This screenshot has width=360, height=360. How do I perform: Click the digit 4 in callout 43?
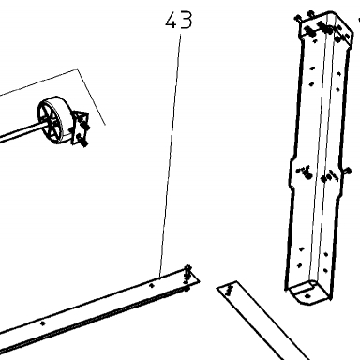point(172,20)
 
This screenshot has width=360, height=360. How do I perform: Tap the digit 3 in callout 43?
point(187,21)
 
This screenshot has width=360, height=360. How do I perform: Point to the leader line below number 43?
point(171,156)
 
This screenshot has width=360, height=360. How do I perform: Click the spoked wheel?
point(51,120)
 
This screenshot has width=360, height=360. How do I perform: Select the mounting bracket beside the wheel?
point(81,128)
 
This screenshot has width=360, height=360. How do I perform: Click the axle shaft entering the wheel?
point(22,132)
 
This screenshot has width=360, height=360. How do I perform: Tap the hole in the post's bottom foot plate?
point(307,295)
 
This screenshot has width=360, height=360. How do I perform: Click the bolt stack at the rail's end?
point(187,277)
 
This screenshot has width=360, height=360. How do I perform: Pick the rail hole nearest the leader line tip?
point(152,285)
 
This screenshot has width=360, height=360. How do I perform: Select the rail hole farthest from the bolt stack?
point(43,323)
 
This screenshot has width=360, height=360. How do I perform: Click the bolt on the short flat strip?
point(230,290)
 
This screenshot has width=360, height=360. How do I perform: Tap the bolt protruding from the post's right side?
point(347,171)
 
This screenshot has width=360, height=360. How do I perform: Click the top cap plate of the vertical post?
point(326,28)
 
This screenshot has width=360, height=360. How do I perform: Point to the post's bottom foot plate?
point(307,292)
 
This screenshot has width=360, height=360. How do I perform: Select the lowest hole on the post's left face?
point(300,265)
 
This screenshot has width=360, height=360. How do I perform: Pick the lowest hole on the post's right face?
point(325,270)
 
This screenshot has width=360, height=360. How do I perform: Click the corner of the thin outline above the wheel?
point(77,69)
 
